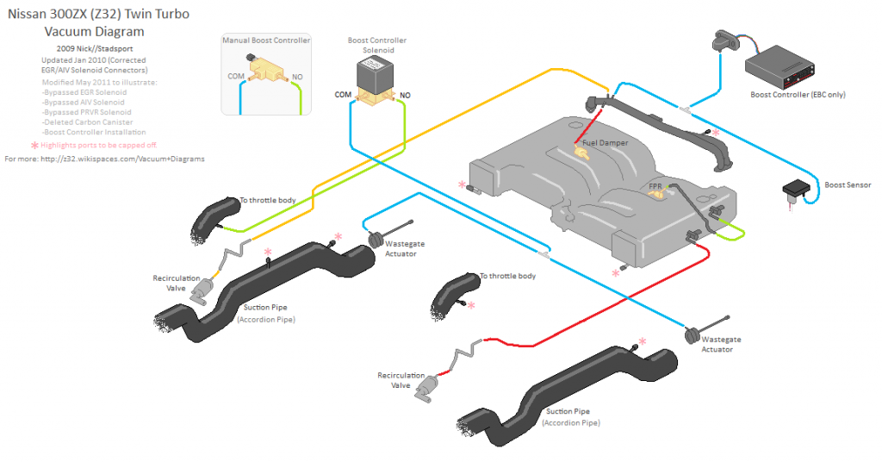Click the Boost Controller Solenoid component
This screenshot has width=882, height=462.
click(x=376, y=79)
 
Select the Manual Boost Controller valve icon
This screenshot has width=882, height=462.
click(x=265, y=66)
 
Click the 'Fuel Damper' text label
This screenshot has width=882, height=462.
click(x=604, y=142)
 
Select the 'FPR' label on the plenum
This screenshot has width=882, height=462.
click(x=655, y=185)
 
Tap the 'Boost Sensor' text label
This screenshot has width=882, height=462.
click(x=848, y=184)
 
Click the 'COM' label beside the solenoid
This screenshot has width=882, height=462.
click(x=343, y=95)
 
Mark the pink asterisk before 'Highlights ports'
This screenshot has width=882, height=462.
click(x=34, y=146)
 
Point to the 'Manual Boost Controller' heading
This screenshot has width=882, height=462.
click(x=265, y=41)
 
